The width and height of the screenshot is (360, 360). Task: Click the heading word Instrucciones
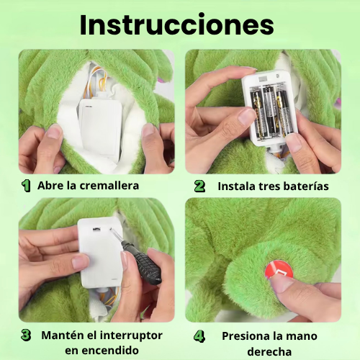[177, 25]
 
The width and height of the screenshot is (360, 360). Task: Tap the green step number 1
[26, 186]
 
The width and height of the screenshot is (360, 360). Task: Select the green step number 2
[199, 186]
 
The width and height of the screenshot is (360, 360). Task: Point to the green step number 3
[26, 335]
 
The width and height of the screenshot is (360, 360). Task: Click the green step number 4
[199, 336]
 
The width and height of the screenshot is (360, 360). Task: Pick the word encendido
[102, 351]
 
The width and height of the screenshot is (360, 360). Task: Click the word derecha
[269, 351]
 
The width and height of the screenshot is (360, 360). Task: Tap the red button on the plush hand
[279, 270]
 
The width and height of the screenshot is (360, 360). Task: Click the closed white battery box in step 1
[101, 127]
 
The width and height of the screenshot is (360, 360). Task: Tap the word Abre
[48, 186]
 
